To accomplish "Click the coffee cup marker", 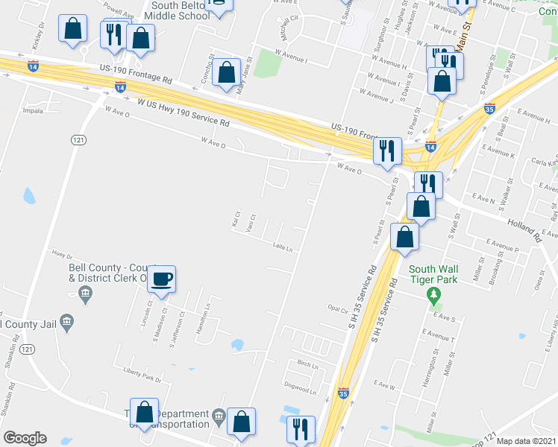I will point(161,279).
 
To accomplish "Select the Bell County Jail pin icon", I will point(67,323).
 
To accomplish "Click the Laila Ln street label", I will point(281,247).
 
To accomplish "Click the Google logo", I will point(25,437).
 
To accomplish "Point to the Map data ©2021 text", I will point(526,441).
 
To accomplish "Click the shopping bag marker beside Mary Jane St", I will point(225,74).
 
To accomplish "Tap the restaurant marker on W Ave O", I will point(387,151).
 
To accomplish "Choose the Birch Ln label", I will point(307,365).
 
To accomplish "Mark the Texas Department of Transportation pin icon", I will point(219,416).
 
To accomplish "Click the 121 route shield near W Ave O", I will point(78,139).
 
